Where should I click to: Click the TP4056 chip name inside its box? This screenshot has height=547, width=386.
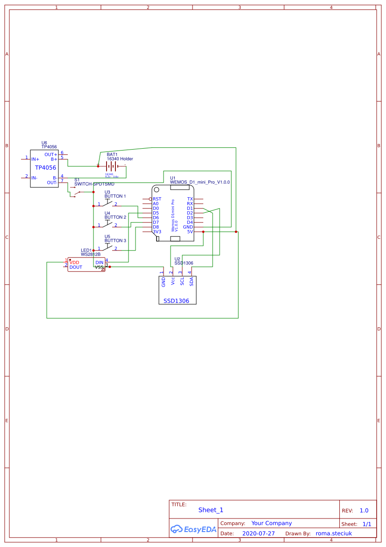[45, 167]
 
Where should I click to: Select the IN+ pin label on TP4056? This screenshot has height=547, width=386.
[35, 159]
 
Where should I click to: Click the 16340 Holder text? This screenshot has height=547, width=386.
[120, 159]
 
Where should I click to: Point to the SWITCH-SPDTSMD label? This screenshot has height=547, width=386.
[94, 184]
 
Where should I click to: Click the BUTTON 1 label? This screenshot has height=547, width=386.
[115, 196]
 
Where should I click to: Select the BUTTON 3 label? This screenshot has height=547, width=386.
[115, 240]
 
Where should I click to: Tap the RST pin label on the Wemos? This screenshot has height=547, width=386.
[157, 199]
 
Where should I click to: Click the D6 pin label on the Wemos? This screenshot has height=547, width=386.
[156, 218]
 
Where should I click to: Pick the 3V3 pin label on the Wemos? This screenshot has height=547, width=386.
[157, 232]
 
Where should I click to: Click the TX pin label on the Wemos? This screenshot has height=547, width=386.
[190, 199]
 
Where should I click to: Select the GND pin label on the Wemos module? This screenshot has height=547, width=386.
[188, 227]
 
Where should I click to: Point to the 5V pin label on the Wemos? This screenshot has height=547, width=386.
[190, 232]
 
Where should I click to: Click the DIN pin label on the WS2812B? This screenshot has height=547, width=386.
[99, 262]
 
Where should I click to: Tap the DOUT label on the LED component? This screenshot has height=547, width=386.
[76, 267]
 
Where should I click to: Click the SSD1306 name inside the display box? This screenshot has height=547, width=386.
[176, 301]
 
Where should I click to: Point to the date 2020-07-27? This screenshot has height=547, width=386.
[258, 533]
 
